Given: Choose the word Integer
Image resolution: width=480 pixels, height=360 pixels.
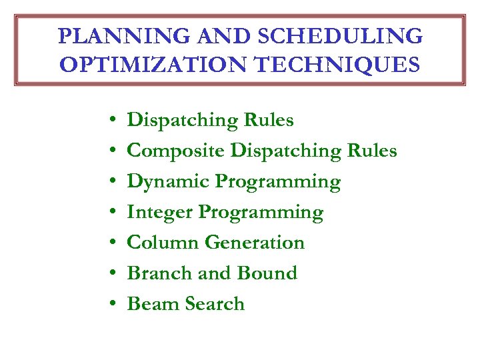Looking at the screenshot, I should point(160,212).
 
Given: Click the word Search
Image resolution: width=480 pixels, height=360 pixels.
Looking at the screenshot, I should point(215,304).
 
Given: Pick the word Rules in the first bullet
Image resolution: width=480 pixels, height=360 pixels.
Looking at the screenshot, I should point(269,120).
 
